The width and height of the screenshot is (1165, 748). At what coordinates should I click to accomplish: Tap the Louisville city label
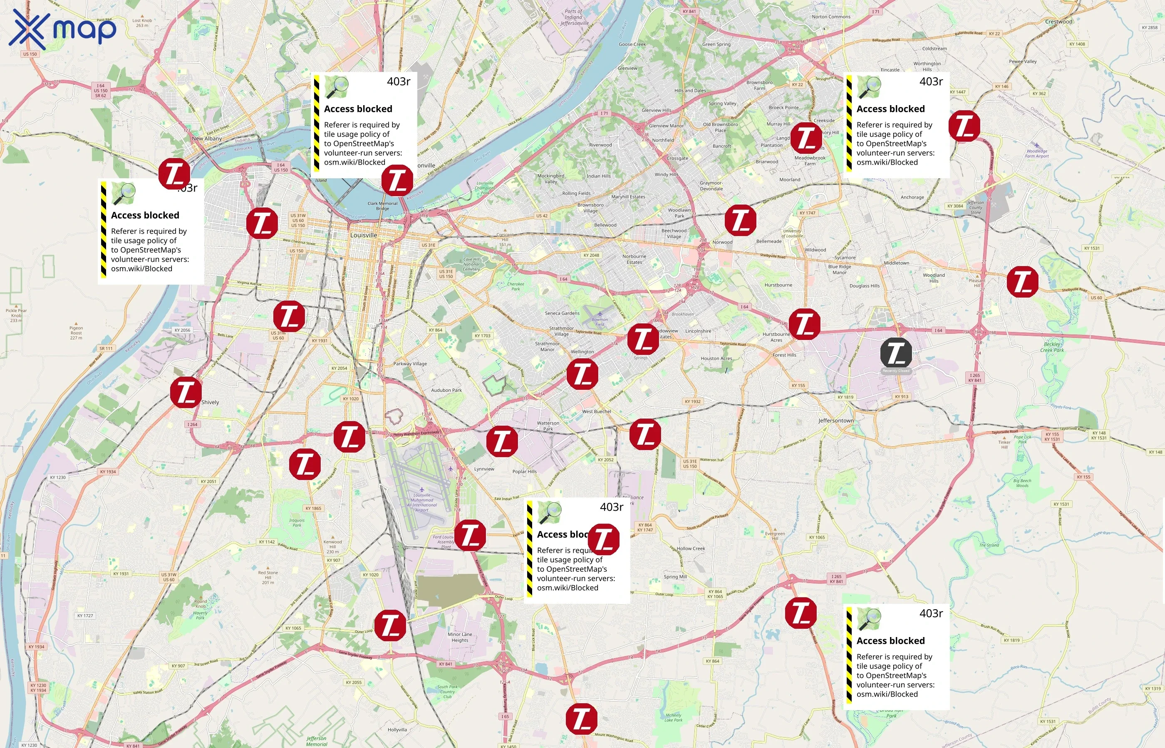point(364,235)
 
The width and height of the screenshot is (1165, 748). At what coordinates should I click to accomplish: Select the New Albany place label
point(207,138)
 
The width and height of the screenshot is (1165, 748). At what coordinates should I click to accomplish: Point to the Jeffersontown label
point(836,421)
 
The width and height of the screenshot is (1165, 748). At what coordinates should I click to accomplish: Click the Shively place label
point(210,402)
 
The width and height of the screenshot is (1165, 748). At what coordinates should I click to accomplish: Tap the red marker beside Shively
point(186,392)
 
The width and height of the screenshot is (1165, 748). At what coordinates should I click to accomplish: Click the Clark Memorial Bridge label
point(382,206)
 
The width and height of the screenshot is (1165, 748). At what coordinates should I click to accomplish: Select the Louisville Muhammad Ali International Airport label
point(421,502)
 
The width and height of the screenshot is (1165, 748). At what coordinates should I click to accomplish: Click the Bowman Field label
point(600,322)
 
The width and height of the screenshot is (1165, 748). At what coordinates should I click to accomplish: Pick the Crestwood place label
point(1058,22)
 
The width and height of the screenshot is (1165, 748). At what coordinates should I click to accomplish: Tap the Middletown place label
point(896,263)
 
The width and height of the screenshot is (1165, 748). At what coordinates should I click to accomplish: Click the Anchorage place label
point(912,197)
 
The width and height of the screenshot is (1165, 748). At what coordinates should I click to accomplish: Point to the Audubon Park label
point(446,390)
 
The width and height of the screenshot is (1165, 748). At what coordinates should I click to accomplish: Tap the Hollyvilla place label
point(397,730)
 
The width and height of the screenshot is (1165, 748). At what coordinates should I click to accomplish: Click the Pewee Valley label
point(1023,62)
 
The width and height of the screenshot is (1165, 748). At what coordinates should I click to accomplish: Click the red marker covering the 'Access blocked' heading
point(603,539)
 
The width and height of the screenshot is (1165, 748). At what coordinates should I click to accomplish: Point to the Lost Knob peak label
point(142,22)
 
